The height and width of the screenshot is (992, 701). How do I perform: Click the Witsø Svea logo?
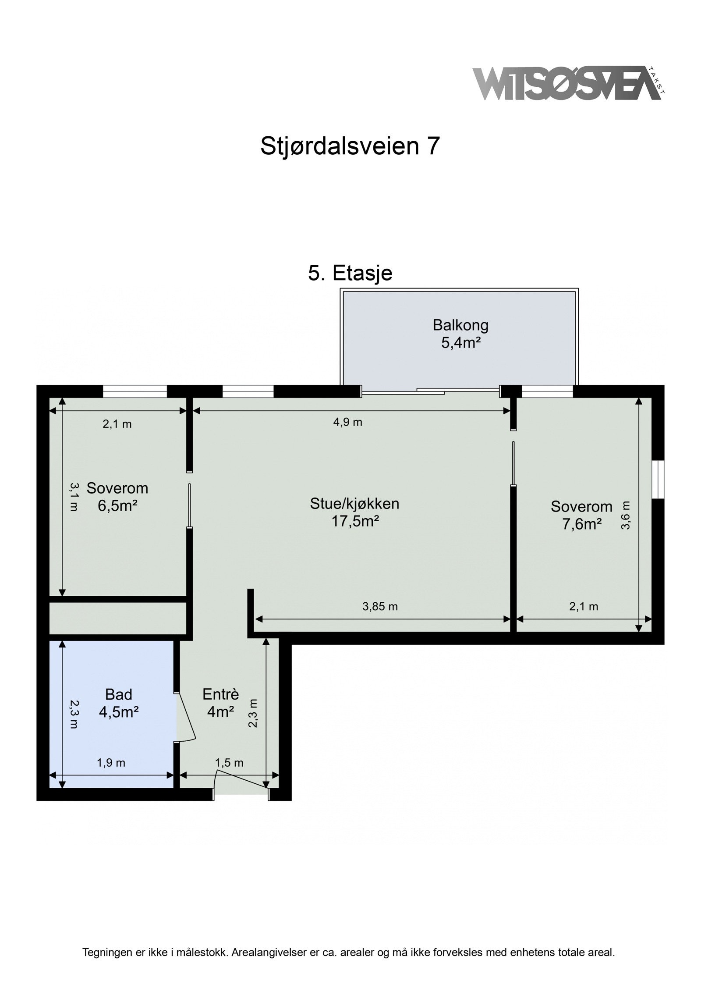(569, 83)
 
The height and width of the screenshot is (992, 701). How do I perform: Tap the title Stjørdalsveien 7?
(350, 146)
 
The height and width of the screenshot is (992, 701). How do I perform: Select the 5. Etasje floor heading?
(350, 273)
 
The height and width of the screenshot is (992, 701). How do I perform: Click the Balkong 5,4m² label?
(460, 334)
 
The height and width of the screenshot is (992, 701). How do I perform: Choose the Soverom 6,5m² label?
(117, 497)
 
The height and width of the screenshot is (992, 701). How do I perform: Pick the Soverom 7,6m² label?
(581, 515)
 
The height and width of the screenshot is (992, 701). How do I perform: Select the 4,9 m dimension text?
(348, 423)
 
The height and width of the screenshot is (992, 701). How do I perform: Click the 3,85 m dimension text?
(380, 607)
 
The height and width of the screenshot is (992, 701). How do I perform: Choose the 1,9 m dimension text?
(111, 763)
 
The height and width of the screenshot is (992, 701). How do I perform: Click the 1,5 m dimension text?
(229, 763)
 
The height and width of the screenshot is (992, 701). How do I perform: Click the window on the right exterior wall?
(658, 480)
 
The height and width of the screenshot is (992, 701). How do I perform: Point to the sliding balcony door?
(431, 391)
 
